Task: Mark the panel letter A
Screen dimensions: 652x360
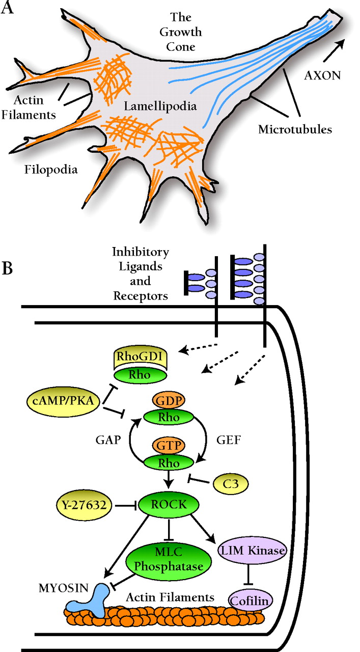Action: [7, 9]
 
